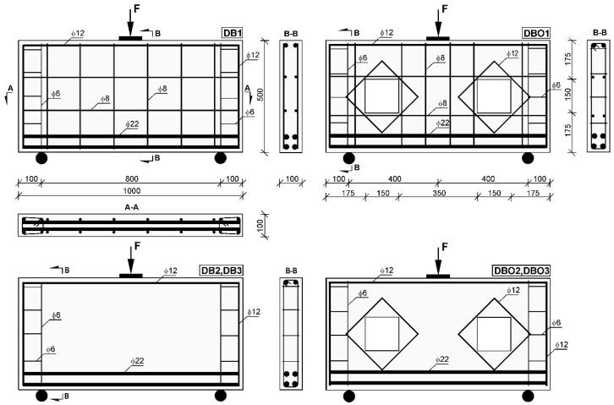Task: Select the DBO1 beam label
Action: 535,33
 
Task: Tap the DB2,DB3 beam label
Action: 220,271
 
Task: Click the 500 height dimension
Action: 261,92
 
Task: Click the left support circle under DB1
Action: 41,158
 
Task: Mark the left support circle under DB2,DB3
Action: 41,396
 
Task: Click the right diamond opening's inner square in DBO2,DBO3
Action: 495,332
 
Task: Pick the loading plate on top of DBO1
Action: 437,38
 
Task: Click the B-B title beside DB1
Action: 291,33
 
